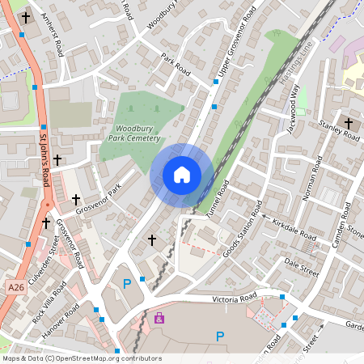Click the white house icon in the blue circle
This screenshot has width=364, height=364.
pos(182,175)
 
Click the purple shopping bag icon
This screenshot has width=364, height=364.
pos(159,318)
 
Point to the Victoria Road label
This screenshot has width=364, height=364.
pos(218,298)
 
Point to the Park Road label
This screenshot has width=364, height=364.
pos(175,66)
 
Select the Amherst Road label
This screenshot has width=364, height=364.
pos(53,39)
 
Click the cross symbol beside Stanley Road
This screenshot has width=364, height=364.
pos(349,124)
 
